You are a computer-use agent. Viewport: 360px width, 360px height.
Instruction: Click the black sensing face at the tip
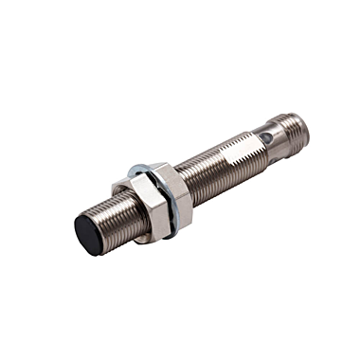tap(91, 230)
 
